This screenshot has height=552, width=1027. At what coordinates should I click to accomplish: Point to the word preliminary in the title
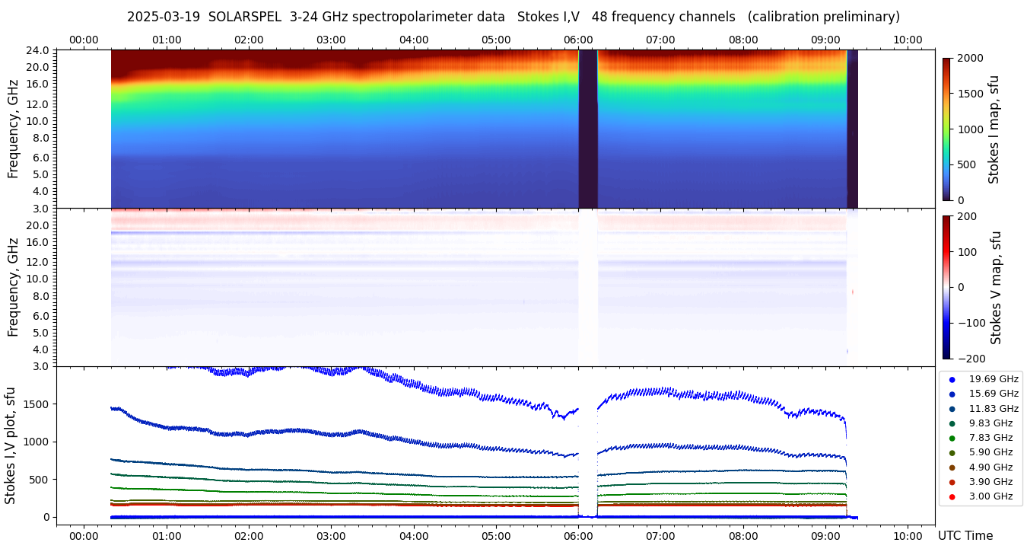(857, 17)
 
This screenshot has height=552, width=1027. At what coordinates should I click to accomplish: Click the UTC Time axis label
(965, 535)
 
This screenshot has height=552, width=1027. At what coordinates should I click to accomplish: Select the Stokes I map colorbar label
(994, 129)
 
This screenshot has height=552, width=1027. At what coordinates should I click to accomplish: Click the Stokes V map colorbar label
(995, 287)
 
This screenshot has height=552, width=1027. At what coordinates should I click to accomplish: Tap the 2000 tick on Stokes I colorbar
(969, 58)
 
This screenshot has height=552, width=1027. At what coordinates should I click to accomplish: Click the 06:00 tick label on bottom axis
(578, 535)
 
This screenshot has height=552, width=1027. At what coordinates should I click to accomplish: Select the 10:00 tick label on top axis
(908, 40)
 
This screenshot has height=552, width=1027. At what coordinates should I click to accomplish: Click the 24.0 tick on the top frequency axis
(40, 51)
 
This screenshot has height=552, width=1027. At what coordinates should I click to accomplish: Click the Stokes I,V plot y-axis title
(11, 445)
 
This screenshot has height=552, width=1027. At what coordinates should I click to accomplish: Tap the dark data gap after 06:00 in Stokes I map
(587, 129)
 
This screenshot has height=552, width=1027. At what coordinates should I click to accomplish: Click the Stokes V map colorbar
(946, 287)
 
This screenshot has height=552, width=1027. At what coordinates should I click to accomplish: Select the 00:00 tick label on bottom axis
(84, 535)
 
